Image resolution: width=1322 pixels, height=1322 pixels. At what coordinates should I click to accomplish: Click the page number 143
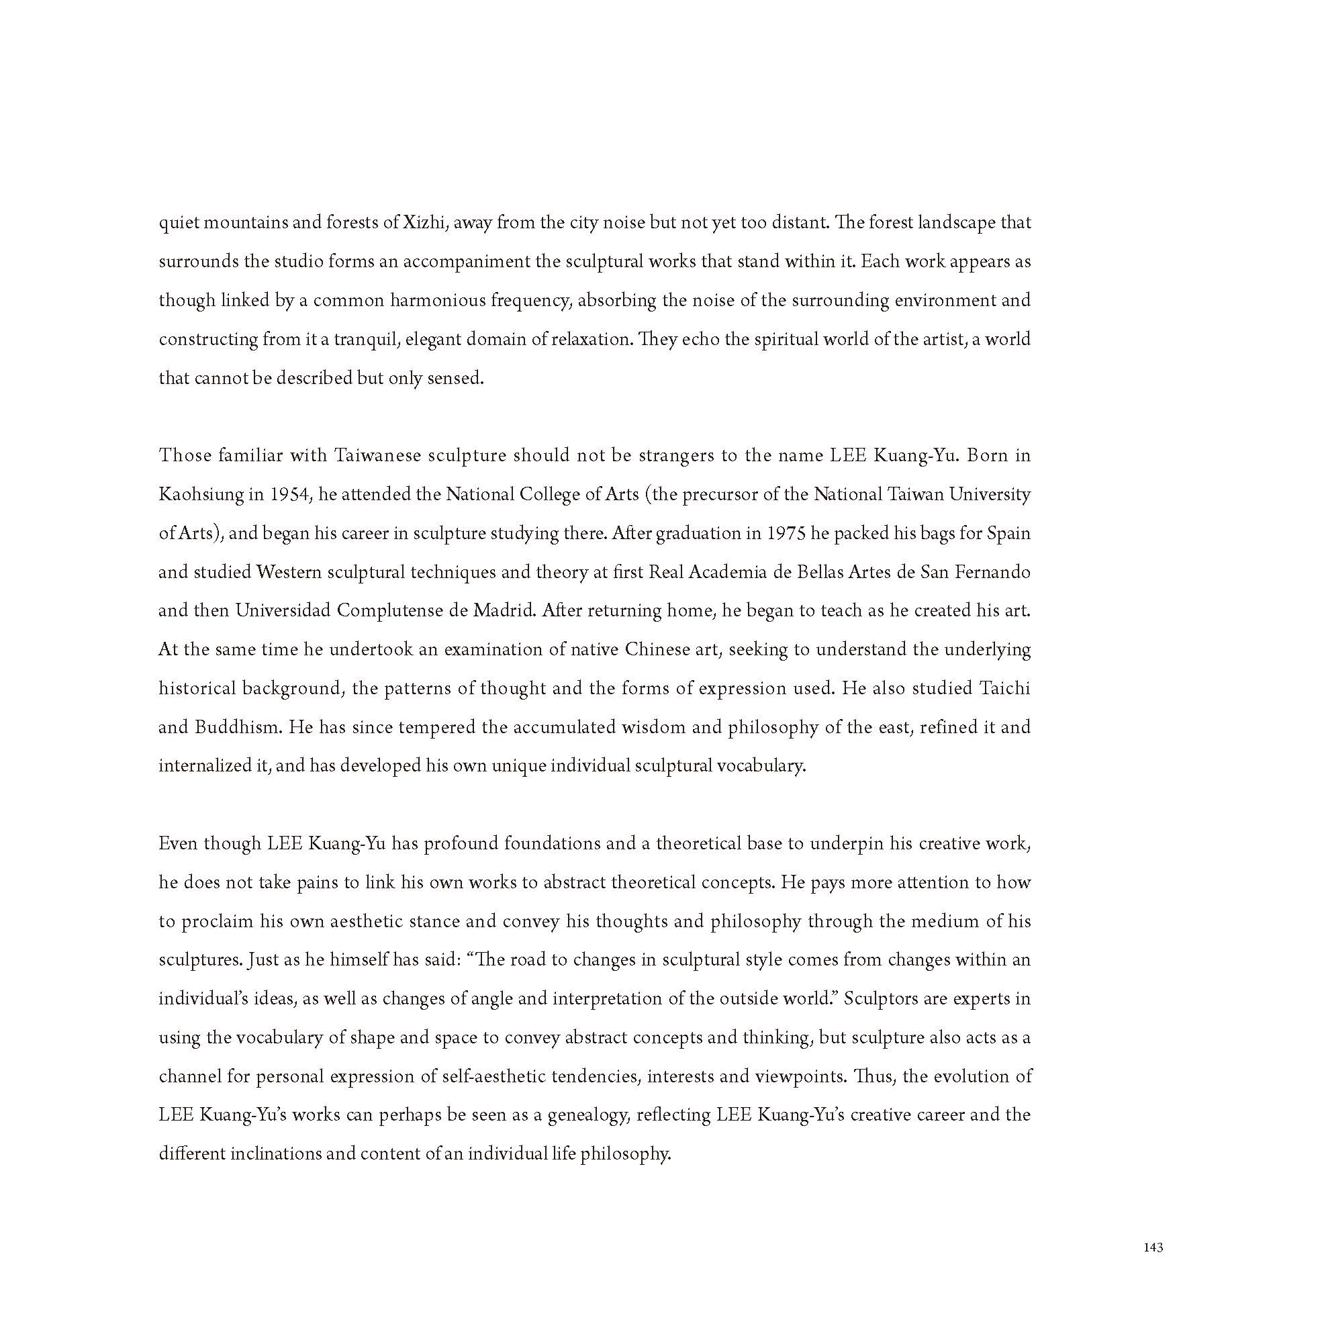[x=1153, y=1247]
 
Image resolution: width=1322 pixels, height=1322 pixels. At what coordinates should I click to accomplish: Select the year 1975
[x=785, y=533]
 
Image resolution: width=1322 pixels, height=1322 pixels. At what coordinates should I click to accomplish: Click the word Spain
[x=1008, y=533]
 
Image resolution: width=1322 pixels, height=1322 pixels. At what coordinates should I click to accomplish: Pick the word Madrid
[x=504, y=610]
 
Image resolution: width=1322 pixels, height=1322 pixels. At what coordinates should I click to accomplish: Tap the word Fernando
[x=990, y=571]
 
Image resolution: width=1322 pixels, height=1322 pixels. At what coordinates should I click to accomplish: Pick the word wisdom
[x=653, y=726]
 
